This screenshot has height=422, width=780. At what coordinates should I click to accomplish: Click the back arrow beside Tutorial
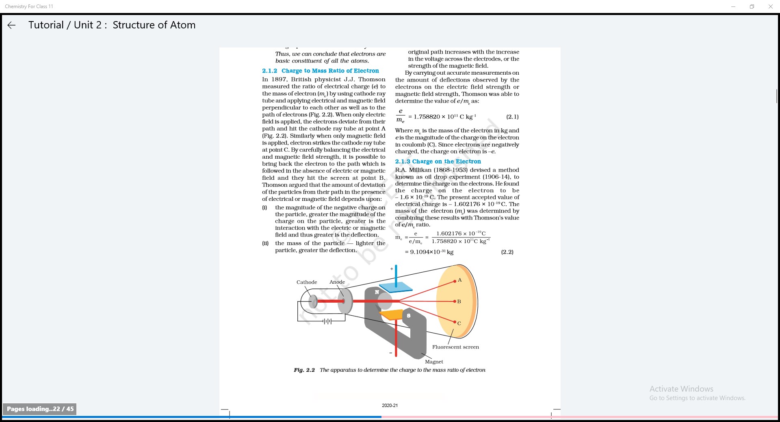point(11,25)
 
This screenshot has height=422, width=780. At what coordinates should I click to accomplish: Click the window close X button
point(770,6)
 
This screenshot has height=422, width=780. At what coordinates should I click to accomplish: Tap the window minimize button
point(733,6)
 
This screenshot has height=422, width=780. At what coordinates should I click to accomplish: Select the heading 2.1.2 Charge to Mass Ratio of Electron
point(320,71)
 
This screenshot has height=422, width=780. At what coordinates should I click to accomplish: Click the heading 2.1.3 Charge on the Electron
point(438,161)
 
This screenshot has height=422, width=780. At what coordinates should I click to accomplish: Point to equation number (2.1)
point(512,117)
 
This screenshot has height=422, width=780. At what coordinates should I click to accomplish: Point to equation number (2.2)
point(507,252)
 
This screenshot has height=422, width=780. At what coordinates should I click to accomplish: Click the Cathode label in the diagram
point(307,282)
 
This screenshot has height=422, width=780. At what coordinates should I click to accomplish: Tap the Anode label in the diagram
point(337,282)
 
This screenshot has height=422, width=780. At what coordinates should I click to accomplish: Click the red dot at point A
point(455,281)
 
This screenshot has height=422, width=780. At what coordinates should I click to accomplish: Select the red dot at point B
point(455,301)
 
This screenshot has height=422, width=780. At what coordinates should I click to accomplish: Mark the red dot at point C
point(455,322)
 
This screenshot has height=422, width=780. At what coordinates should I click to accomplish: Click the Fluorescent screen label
point(455,347)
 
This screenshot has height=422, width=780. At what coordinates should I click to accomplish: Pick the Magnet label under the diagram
point(434,362)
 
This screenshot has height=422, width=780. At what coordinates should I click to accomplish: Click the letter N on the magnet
point(377,292)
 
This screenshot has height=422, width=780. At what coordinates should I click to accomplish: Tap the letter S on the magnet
point(409,316)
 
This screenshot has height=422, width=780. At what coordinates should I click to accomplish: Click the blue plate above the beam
point(396,287)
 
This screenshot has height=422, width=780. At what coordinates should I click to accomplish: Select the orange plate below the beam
point(392,315)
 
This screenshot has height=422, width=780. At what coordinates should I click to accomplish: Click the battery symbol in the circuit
point(327,321)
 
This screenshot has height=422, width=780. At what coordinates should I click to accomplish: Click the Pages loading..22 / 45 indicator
point(40,409)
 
